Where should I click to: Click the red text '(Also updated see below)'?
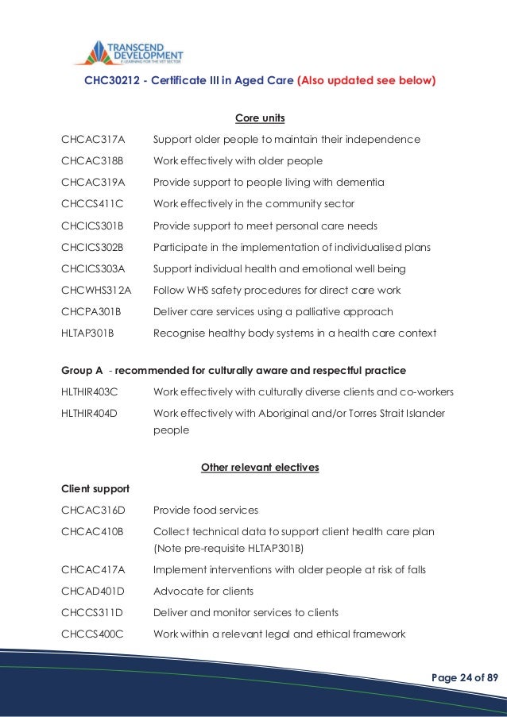pyautogui.click(x=366, y=80)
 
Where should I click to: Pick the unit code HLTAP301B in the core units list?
pyautogui.click(x=87, y=333)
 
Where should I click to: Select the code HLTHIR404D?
pyautogui.click(x=89, y=414)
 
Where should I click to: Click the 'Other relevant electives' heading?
pyautogui.click(x=260, y=468)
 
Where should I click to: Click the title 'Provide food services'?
pyautogui.click(x=205, y=510)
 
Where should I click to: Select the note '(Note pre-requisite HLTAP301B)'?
pyautogui.click(x=230, y=547)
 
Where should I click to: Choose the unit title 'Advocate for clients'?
pyautogui.click(x=203, y=591)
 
